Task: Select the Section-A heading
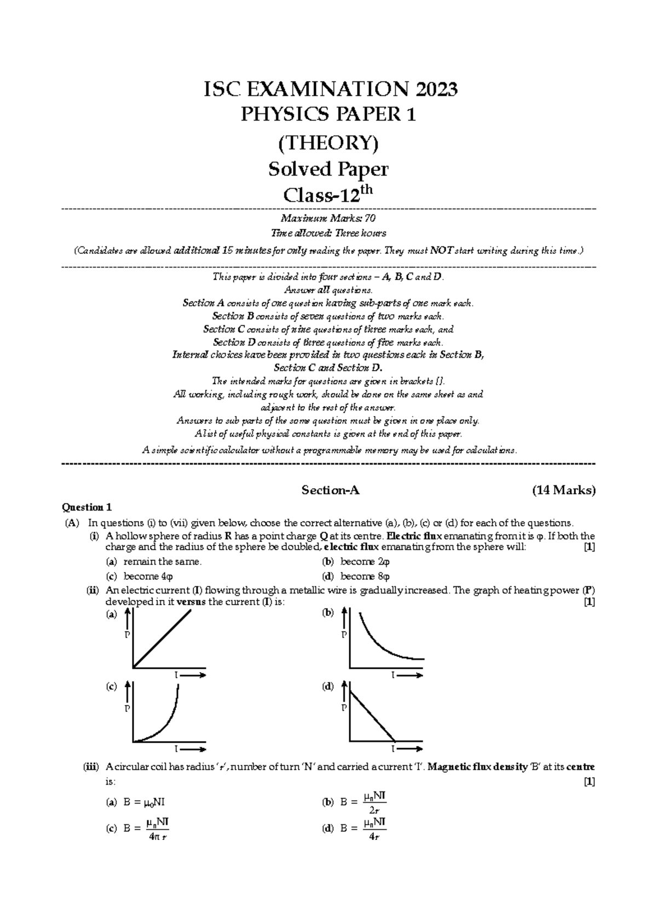330,490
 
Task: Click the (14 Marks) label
564,490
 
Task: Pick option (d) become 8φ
365,576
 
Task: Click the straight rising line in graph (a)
163,638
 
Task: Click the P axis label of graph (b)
344,635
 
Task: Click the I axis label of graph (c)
176,748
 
